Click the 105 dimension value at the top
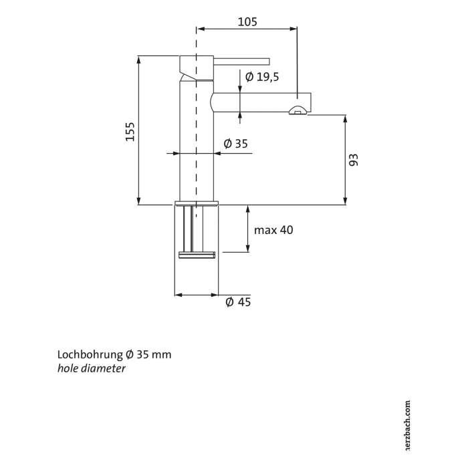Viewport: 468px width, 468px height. pyautogui.click(x=247, y=21)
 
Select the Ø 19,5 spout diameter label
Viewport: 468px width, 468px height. pyautogui.click(x=261, y=77)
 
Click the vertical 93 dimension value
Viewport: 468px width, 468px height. pyautogui.click(x=354, y=159)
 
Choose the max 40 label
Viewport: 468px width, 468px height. pyautogui.click(x=273, y=230)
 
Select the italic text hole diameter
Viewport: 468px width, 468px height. pyautogui.click(x=92, y=368)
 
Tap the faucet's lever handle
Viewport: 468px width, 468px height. pyautogui.click(x=241, y=61)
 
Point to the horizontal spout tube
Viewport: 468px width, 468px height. pyautogui.click(x=257, y=102)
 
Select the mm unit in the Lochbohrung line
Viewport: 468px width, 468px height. pyautogui.click(x=161, y=354)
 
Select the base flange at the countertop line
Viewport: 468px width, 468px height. pyautogui.click(x=196, y=202)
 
